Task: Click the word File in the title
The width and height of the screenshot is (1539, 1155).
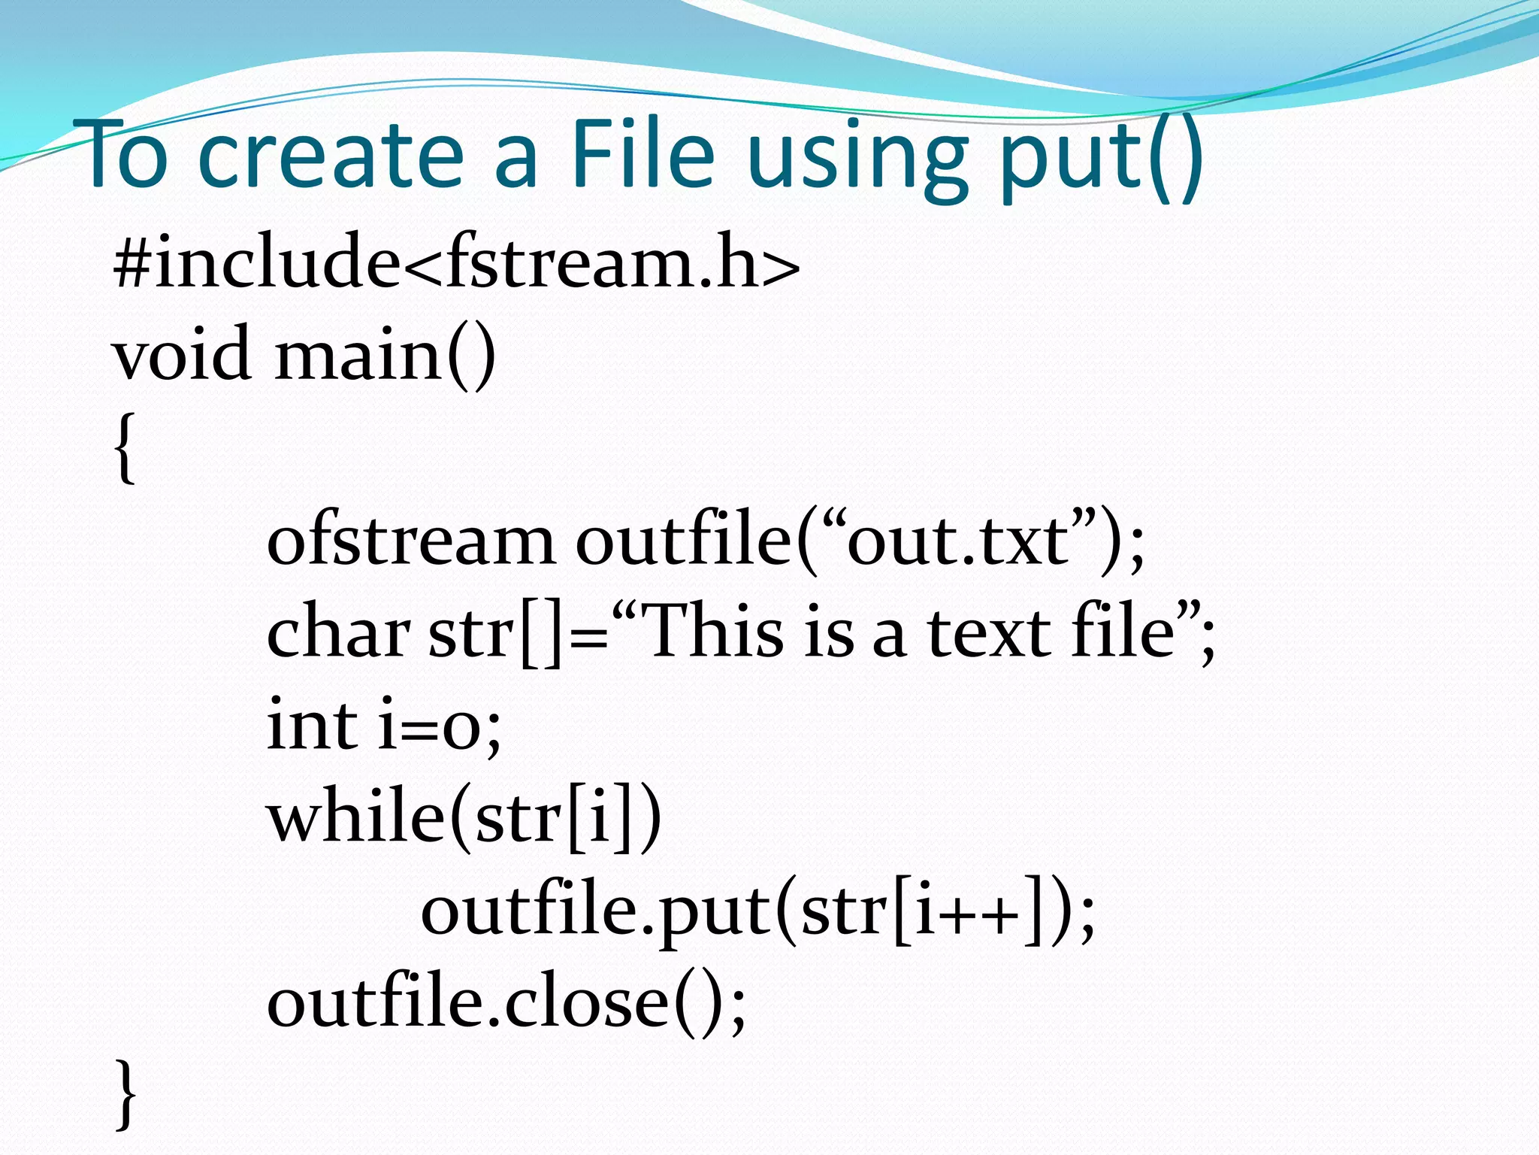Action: pyautogui.click(x=643, y=155)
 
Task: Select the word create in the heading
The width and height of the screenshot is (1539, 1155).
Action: pyautogui.click(x=331, y=155)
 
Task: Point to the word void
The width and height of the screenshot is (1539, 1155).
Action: pyautogui.click(x=180, y=353)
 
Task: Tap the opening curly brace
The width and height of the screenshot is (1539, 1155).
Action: pyautogui.click(x=126, y=447)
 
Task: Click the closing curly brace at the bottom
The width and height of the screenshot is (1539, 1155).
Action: pyautogui.click(x=126, y=1094)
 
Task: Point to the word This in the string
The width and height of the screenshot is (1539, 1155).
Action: pyautogui.click(x=714, y=632)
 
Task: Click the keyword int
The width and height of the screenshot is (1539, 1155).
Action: pyautogui.click(x=311, y=725)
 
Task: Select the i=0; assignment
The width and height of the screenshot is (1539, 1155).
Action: pyautogui.click(x=439, y=726)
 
